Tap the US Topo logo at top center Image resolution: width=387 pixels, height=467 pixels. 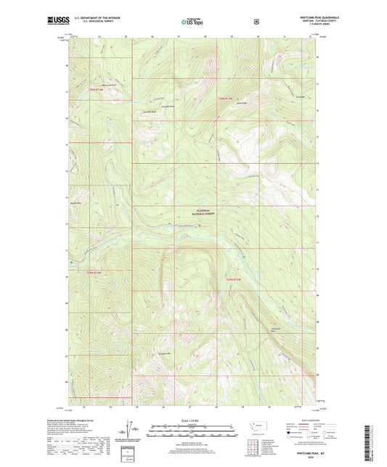[x=192, y=22]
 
